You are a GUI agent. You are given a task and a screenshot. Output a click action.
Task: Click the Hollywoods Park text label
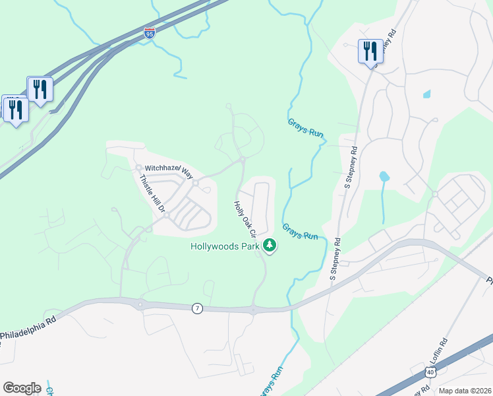pos(225,247)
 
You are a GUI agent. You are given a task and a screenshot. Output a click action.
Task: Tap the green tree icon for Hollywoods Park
pos(269,246)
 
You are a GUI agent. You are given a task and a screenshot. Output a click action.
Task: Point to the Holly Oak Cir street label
pos(245,218)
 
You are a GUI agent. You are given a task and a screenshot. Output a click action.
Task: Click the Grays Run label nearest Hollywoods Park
pos(301,232)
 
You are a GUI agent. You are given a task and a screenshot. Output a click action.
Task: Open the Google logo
pos(22,388)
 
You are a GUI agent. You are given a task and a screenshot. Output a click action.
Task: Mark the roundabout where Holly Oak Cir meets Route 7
pos(253,309)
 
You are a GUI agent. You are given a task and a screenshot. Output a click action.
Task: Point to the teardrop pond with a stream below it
pos(383,176)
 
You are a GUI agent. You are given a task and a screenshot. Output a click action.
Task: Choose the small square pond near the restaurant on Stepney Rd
pos(426,94)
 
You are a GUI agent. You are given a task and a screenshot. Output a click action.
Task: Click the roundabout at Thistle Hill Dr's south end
pos(167,215)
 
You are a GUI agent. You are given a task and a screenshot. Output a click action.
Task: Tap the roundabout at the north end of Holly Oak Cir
pos(243,159)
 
